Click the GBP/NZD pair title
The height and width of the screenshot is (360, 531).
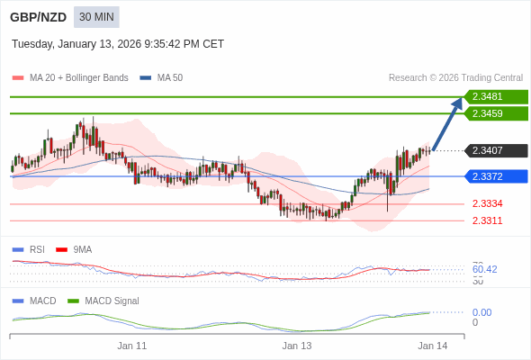click(38, 17)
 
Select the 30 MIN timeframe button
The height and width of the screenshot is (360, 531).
click(96, 17)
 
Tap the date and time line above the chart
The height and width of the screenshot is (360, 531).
click(118, 44)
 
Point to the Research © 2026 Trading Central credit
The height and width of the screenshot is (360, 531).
click(455, 77)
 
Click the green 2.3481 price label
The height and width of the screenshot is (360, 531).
click(495, 96)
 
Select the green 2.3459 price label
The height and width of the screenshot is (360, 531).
click(495, 113)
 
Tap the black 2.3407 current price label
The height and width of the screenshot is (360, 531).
click(495, 150)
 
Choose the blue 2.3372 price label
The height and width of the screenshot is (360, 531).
click(495, 176)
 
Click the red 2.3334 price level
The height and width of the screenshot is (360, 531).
click(487, 203)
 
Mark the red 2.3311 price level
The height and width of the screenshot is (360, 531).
click(487, 220)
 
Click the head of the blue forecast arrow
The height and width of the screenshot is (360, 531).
click(458, 102)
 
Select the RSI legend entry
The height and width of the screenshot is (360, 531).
click(36, 249)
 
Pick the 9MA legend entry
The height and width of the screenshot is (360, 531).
click(82, 249)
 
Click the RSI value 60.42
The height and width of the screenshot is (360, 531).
click(484, 269)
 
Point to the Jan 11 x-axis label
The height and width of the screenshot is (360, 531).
click(132, 346)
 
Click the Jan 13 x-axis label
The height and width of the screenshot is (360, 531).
click(297, 346)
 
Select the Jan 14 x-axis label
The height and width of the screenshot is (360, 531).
click(432, 346)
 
